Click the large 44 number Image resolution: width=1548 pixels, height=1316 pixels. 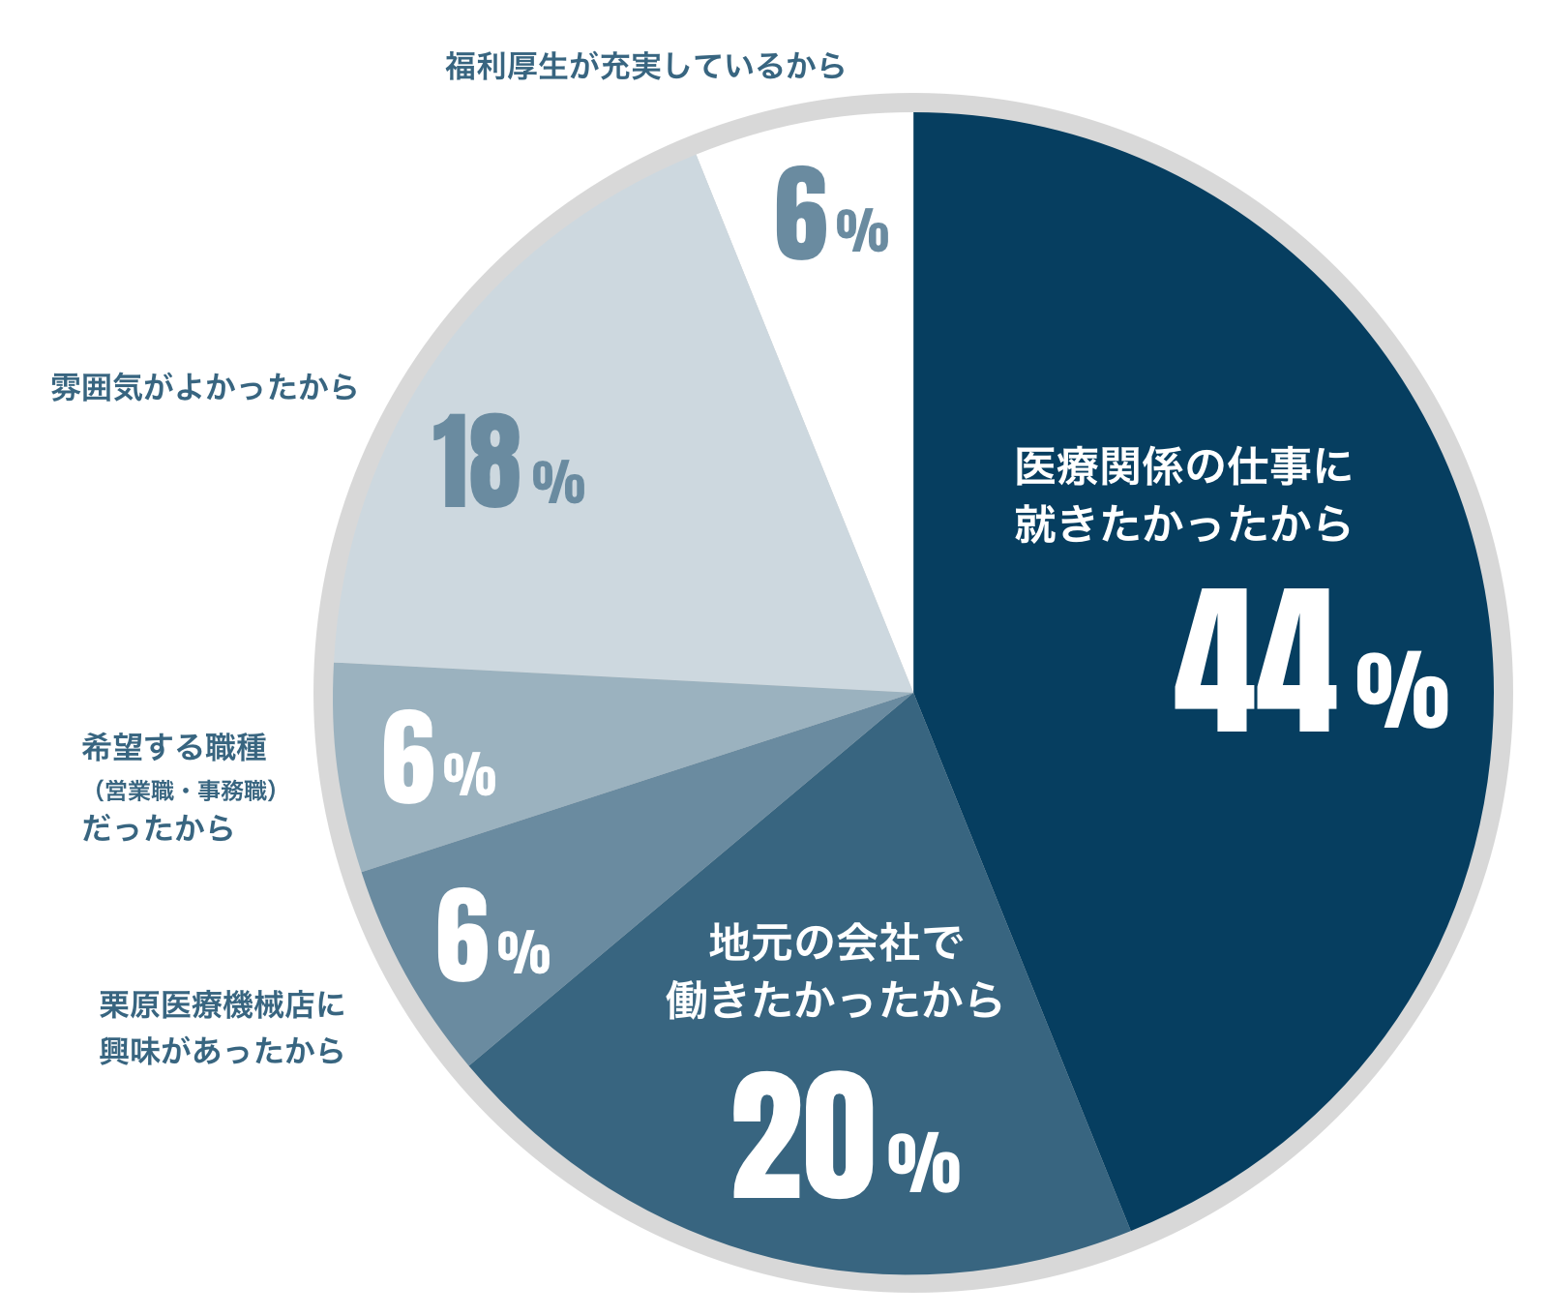click(1255, 663)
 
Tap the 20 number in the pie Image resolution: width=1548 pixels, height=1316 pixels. click(803, 1137)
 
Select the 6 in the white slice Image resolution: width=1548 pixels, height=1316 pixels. click(801, 214)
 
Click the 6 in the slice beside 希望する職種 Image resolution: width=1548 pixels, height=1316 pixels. click(407, 757)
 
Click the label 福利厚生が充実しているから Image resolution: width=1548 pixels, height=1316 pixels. click(645, 66)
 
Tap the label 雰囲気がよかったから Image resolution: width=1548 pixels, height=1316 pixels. click(204, 387)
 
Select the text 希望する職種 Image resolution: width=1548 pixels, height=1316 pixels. click(174, 747)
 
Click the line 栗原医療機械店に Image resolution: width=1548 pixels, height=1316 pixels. click(222, 1004)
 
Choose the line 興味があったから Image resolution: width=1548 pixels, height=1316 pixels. click(222, 1050)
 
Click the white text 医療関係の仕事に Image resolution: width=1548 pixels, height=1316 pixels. click(1182, 467)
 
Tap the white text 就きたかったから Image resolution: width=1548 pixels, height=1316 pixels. click(1182, 523)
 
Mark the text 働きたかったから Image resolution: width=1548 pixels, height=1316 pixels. click(834, 1000)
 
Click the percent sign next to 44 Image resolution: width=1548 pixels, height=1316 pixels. click(1402, 689)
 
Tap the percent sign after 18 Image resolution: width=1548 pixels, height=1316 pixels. click(559, 481)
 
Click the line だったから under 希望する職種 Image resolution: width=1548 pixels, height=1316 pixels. click(158, 829)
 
